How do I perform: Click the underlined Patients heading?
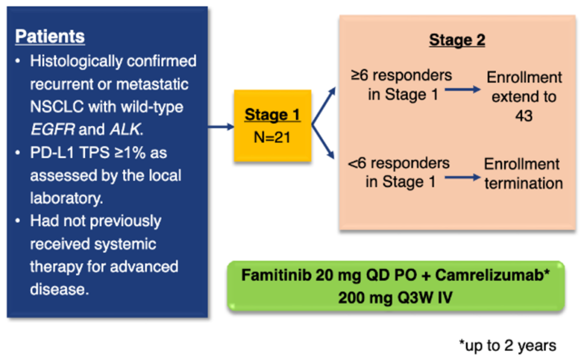pos(50,36)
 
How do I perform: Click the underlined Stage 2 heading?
pos(457,40)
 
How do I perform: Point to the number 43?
pos(524,116)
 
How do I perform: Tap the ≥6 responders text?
pos(402,76)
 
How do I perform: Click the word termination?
pos(524,183)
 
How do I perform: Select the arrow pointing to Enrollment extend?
pos(463,89)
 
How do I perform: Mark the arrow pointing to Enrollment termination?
pos(463,177)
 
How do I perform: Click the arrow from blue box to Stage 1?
pos(221,127)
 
